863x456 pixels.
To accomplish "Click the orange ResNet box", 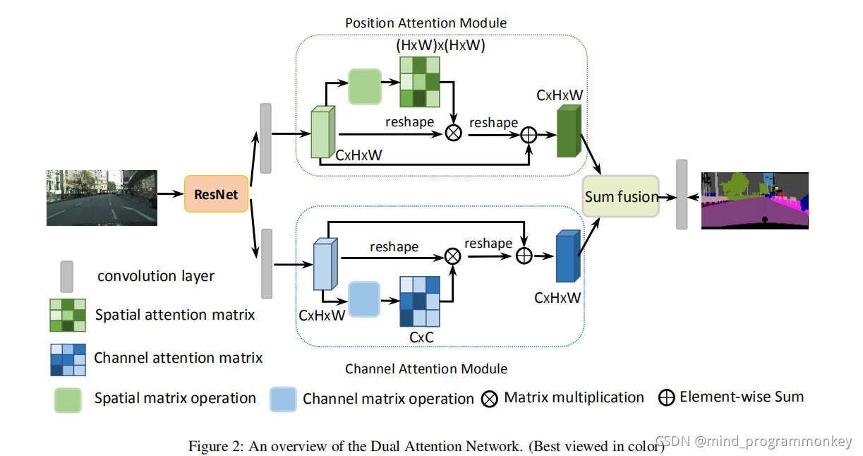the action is (216, 194).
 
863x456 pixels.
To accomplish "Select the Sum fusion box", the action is (621, 196).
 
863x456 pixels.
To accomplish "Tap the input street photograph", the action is (102, 198).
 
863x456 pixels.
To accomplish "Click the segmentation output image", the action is (755, 200).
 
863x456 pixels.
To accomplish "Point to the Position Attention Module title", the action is (426, 23).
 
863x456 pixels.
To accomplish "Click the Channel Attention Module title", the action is (426, 369).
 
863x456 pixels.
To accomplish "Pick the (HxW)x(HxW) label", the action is (440, 45).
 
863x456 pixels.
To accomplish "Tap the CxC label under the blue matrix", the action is (421, 337).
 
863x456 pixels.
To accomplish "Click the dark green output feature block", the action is (569, 131).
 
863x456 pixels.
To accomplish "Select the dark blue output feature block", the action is (568, 256).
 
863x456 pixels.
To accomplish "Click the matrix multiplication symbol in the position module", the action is (454, 133).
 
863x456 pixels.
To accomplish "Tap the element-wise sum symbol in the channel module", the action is (524, 256).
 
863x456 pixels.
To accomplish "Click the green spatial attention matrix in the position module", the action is (420, 82).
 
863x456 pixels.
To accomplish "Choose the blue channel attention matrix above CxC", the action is (420, 301).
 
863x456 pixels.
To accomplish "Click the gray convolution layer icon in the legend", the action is (66, 277).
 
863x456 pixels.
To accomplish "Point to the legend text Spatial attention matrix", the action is (175, 315).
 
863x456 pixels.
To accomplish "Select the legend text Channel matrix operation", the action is (388, 399).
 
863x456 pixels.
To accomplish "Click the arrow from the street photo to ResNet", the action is (170, 193).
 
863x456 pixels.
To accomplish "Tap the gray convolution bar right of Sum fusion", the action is (682, 195).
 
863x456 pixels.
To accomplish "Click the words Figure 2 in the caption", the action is (216, 446).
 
